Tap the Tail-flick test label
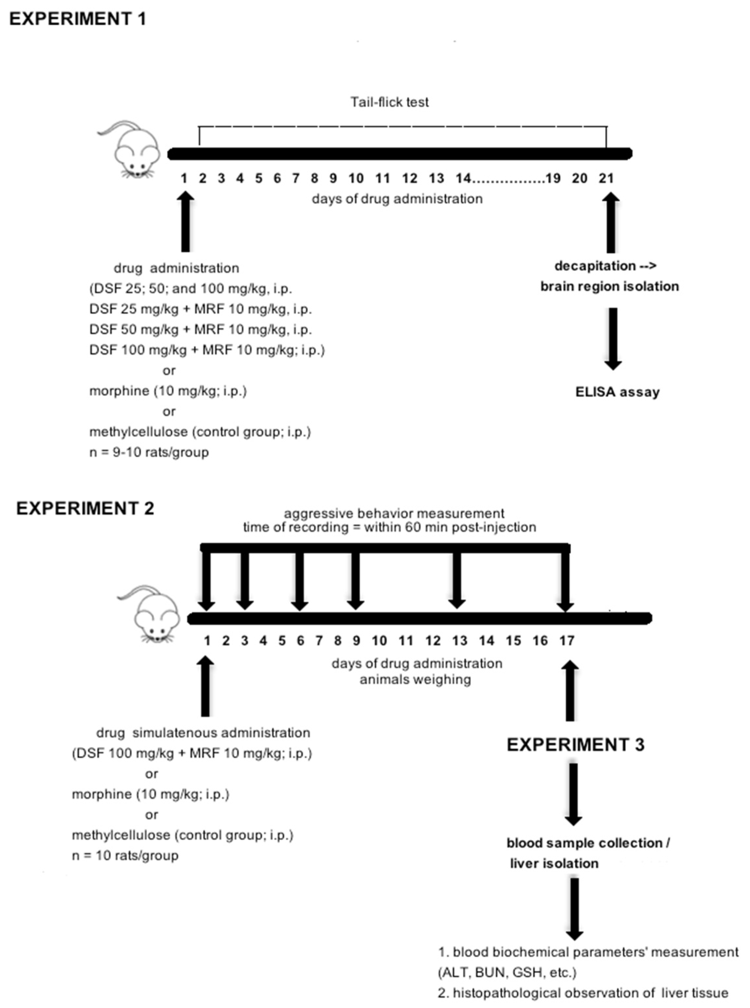(389, 102)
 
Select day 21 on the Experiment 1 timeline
(606, 178)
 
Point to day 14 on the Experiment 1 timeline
(463, 178)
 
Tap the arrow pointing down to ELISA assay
(613, 338)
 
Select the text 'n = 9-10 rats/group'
(149, 452)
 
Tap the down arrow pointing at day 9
(355, 581)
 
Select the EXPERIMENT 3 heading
(575, 745)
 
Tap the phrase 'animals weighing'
(415, 680)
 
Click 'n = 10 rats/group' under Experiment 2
(125, 856)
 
